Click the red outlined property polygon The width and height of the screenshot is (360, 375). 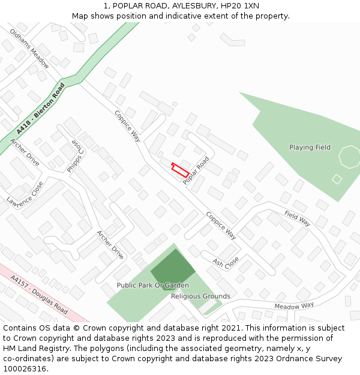coord(180,170)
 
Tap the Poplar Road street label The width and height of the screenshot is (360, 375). coord(196,170)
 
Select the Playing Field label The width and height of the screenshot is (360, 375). coord(310,148)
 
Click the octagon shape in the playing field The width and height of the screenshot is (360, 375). coord(350,157)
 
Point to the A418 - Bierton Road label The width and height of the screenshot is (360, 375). coord(41,109)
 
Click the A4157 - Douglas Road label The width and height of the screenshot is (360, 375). coord(39,294)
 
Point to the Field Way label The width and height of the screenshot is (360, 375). coord(298,218)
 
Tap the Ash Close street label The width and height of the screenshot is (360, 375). coord(226,262)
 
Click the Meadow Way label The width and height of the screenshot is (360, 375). coord(294,305)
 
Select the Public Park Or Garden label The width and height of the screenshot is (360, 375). coord(152,286)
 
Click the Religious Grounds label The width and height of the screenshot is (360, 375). coord(200,296)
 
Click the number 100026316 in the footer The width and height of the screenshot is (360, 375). coord(25,369)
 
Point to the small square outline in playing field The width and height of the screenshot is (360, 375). coord(337,179)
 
